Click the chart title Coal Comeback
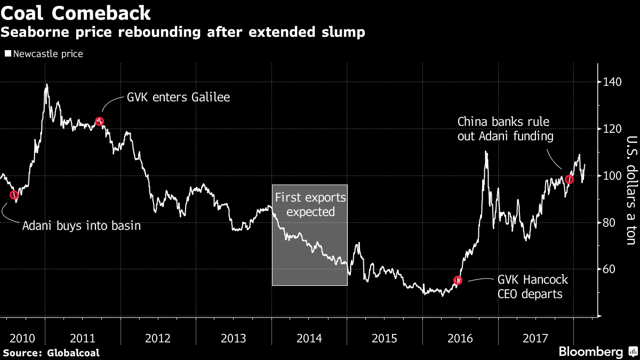point(75,12)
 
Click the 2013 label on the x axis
point(234,338)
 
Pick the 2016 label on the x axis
point(460,338)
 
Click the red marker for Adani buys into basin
point(14,195)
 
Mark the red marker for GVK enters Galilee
point(99,121)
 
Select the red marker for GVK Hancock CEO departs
point(458,280)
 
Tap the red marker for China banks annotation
point(569,179)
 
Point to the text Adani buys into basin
point(82,226)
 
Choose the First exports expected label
point(310,205)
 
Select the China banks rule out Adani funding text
point(505,129)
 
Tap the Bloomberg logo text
point(590,351)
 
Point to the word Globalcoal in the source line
point(73,353)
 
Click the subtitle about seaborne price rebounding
point(182,33)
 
